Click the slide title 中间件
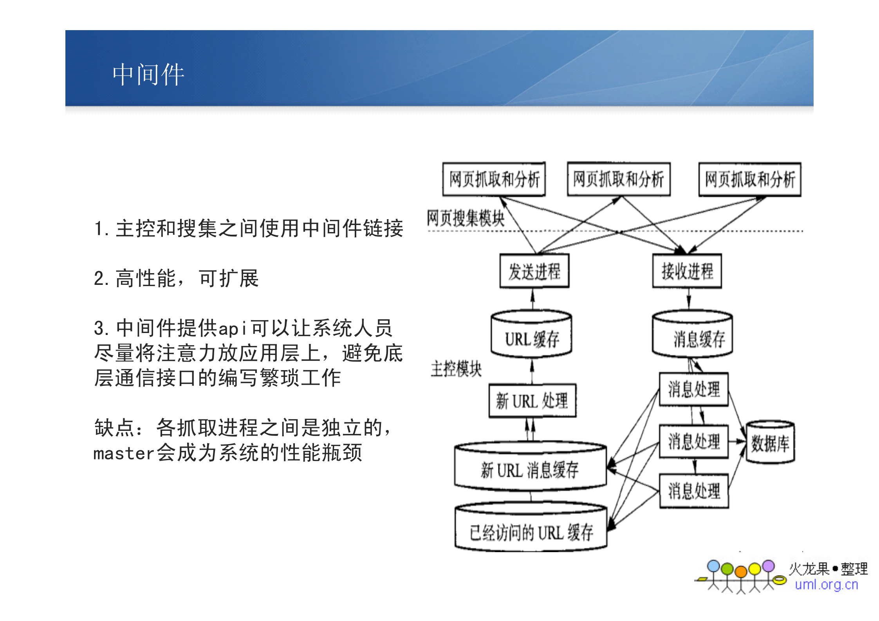[148, 74]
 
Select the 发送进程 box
[534, 271]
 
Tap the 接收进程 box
[687, 271]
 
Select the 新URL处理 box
[532, 401]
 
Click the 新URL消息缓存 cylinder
[530, 468]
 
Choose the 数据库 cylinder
[770, 443]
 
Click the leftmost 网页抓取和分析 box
[494, 179]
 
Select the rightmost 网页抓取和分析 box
[750, 180]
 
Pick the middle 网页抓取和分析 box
[619, 179]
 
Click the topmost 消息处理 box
[693, 389]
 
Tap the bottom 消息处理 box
[693, 491]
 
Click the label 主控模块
[456, 369]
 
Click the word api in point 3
[233, 329]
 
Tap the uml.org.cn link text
[826, 585]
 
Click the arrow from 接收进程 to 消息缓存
[688, 299]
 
